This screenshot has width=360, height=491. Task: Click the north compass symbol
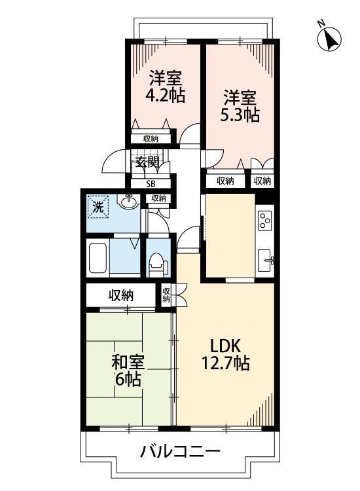329,39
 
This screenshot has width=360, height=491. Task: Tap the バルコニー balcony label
179,452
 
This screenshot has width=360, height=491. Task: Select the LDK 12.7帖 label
226,354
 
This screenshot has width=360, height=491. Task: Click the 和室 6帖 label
128,370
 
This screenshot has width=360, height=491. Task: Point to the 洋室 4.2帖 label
165,86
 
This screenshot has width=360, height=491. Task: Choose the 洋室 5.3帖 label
240,106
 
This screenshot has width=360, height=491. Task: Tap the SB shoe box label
151,184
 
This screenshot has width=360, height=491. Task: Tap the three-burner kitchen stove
265,219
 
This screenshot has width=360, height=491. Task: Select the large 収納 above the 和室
121,296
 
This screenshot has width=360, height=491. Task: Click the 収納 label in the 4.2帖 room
151,138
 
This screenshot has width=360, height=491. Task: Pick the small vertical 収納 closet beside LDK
166,295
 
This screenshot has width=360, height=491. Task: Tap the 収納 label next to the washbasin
159,198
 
